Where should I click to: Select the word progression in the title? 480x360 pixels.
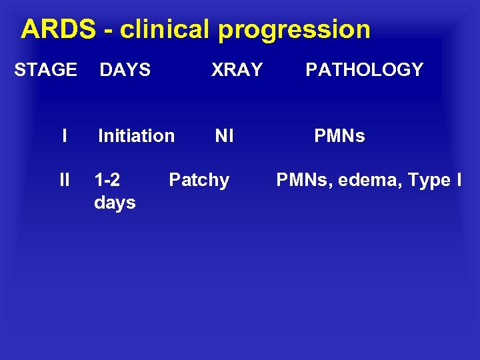tap(294, 29)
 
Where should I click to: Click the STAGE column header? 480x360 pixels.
tap(45, 69)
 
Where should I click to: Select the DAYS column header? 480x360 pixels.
tap(125, 69)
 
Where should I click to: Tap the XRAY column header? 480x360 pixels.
tap(237, 69)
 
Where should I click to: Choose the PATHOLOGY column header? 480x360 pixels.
tap(364, 69)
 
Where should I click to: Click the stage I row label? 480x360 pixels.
tap(64, 136)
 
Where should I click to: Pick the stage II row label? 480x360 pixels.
tap(64, 180)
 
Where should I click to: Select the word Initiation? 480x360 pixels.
tap(136, 136)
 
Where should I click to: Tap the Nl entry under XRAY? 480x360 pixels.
tap(224, 136)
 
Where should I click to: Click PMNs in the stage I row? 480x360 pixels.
tap(339, 136)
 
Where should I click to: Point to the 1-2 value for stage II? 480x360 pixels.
tap(107, 180)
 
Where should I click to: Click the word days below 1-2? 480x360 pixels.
tap(115, 202)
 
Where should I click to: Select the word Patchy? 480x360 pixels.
tap(199, 180)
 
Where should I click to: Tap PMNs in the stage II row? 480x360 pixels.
tap(303, 180)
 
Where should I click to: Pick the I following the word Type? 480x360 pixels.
tap(459, 180)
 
